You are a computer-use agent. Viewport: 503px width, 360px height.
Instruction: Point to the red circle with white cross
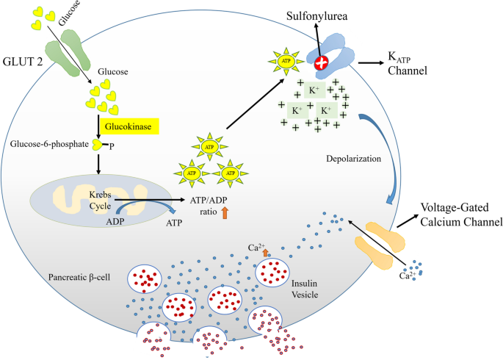click(x=322, y=64)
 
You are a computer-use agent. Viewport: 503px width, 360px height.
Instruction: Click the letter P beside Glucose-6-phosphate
click(x=112, y=146)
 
